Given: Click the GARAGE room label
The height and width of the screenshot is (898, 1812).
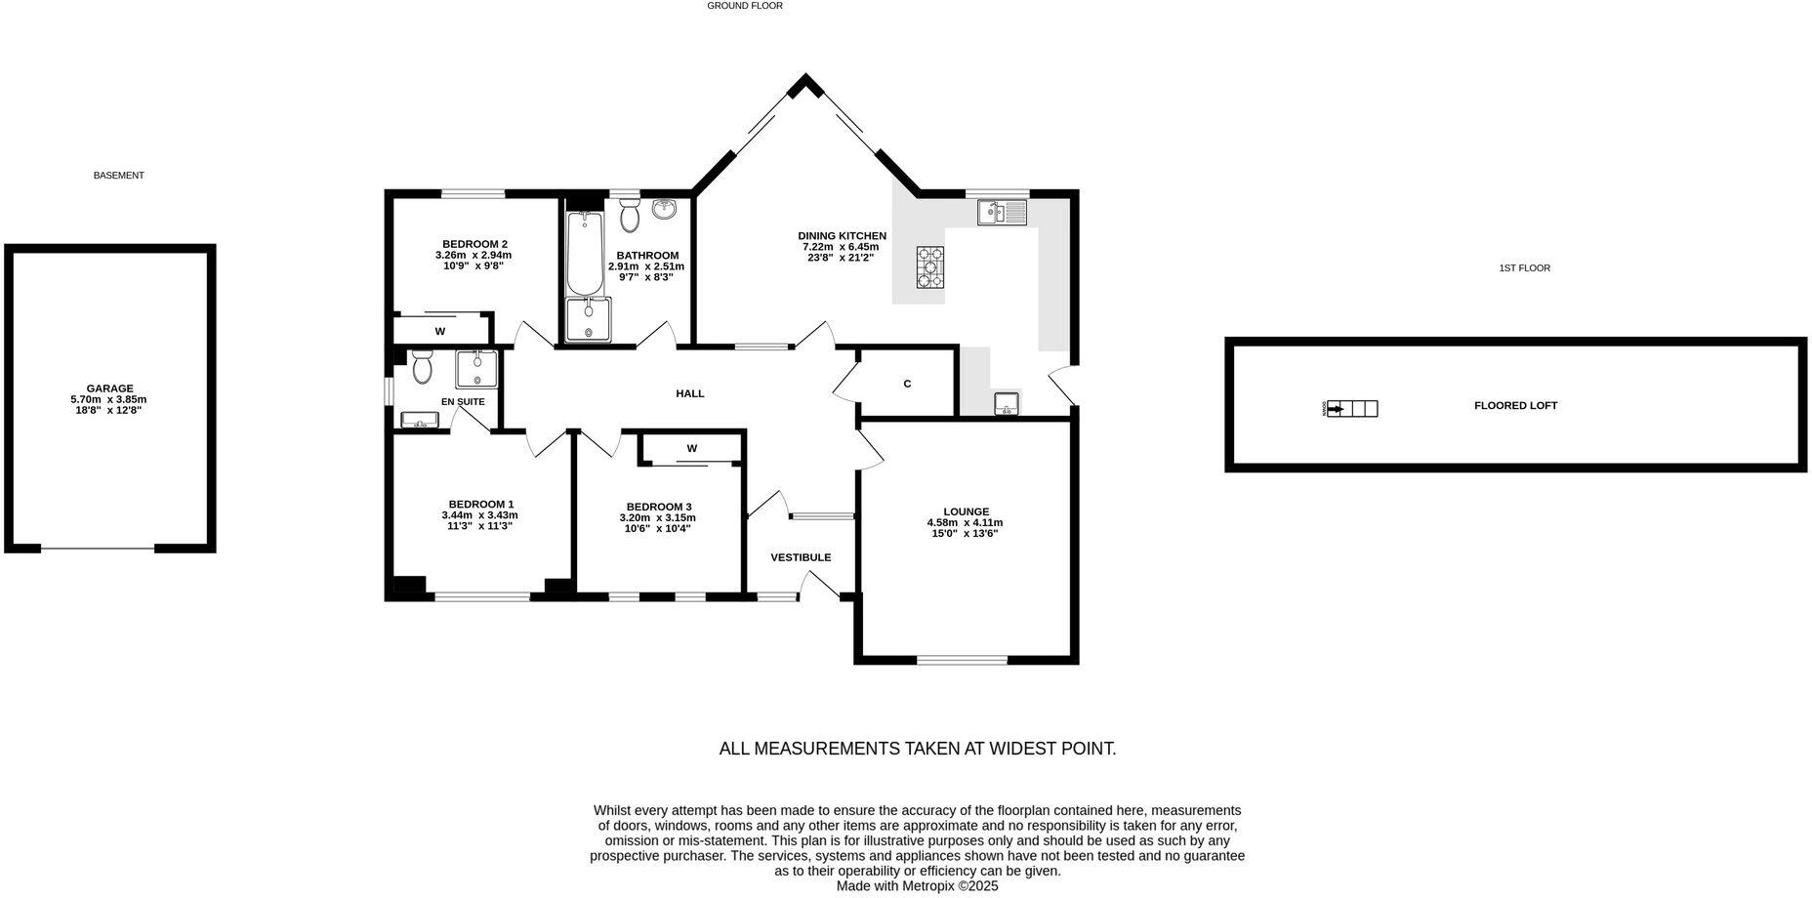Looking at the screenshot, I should tap(108, 388).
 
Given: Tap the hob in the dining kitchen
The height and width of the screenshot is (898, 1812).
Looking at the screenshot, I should tap(929, 266).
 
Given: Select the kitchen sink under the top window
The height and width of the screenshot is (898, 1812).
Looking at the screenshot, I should tap(1002, 212).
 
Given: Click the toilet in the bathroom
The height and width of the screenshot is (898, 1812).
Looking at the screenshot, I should tap(630, 216).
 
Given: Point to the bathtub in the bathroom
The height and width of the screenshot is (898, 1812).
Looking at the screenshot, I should tap(586, 254).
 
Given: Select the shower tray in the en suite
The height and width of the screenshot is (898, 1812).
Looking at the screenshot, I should tap(476, 369).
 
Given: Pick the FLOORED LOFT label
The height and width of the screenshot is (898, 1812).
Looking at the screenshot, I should tap(1515, 405).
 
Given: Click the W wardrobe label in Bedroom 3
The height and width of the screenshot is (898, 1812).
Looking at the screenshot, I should tap(691, 449).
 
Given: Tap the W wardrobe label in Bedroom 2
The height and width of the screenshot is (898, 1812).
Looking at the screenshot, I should tap(440, 332).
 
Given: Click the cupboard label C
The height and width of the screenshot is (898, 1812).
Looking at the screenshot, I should tap(907, 385).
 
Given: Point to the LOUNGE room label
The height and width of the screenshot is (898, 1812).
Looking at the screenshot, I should tap(966, 511).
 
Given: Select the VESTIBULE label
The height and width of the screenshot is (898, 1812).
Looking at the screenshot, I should tap(801, 557).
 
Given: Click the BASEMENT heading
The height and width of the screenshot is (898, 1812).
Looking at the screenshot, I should tap(118, 176).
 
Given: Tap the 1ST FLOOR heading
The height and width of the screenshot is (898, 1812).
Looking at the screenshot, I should tap(1524, 267).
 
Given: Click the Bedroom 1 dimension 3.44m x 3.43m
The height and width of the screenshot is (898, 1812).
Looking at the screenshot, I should tap(479, 515).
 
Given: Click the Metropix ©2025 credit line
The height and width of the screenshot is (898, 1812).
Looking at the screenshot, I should tap(917, 886).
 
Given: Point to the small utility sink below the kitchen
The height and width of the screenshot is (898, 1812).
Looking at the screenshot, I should tap(1006, 403).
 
